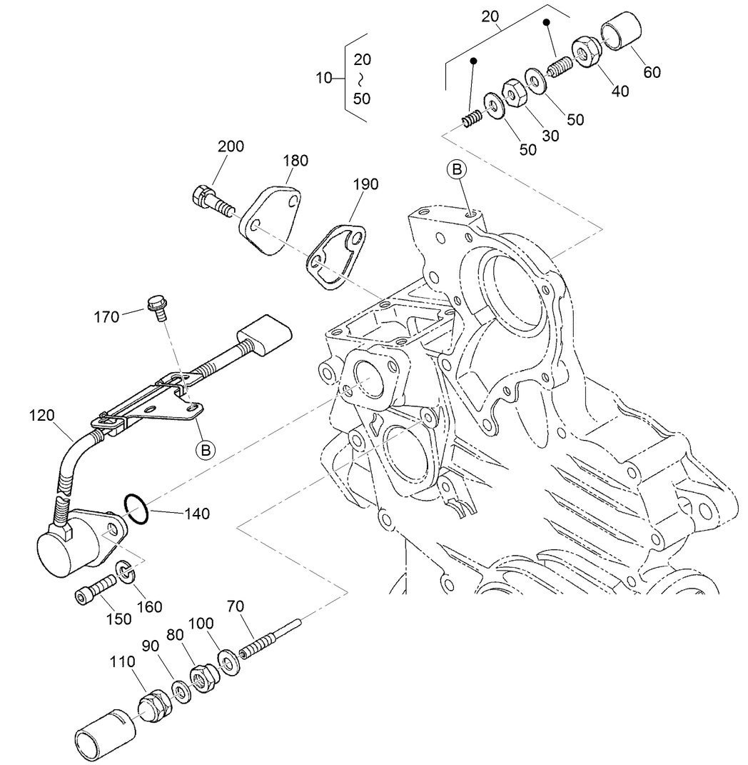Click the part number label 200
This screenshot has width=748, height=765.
(x=231, y=147)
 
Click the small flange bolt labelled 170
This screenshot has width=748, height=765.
(x=156, y=306)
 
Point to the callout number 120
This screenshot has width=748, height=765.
(x=42, y=415)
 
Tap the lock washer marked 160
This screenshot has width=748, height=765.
(x=124, y=571)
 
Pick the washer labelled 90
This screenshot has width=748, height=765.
(x=181, y=692)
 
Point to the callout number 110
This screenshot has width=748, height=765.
(x=122, y=663)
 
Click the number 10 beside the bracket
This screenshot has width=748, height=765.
(x=324, y=78)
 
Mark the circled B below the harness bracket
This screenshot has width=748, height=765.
(x=206, y=449)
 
